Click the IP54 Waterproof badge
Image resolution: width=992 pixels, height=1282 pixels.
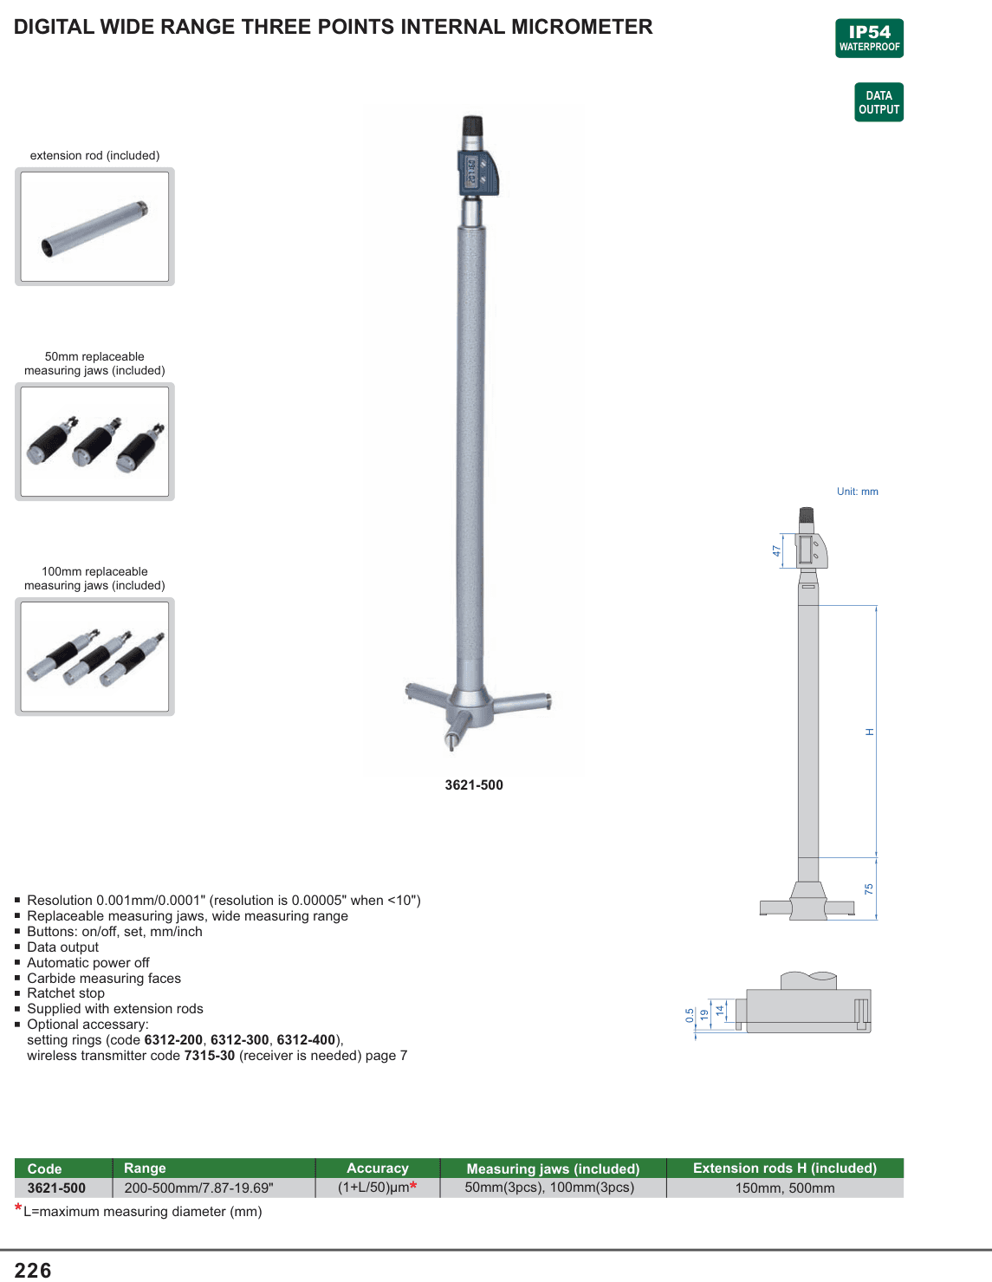(x=869, y=38)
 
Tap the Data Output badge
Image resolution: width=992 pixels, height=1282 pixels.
(x=879, y=102)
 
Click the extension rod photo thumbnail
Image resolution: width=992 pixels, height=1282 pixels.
(x=95, y=226)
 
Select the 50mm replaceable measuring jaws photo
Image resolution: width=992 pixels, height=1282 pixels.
(x=95, y=441)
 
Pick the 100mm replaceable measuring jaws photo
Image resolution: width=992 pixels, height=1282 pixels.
(x=95, y=656)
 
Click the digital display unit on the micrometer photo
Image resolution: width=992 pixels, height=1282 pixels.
(x=478, y=172)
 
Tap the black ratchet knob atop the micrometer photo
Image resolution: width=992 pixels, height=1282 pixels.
(x=472, y=125)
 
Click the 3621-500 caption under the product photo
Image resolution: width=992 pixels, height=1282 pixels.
(x=474, y=784)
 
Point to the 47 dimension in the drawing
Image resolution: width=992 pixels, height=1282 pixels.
(x=776, y=550)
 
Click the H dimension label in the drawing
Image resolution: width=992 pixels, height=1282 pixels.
(x=869, y=732)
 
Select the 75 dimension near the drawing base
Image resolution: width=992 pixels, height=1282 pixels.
(x=869, y=888)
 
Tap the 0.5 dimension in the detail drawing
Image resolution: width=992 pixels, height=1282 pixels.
(x=690, y=1015)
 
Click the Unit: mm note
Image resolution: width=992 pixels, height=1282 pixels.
(x=857, y=491)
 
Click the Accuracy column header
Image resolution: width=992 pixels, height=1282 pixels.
(x=377, y=1168)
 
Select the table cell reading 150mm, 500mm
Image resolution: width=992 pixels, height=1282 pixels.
(x=785, y=1188)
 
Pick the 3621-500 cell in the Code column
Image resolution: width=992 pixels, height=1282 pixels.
(x=56, y=1188)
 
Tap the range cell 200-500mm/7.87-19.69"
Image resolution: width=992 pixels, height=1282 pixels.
(x=198, y=1188)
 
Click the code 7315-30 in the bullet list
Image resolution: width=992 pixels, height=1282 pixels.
(x=210, y=1055)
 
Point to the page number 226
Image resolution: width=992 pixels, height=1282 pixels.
(x=33, y=1270)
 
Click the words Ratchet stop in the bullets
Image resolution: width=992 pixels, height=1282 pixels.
(x=66, y=992)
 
